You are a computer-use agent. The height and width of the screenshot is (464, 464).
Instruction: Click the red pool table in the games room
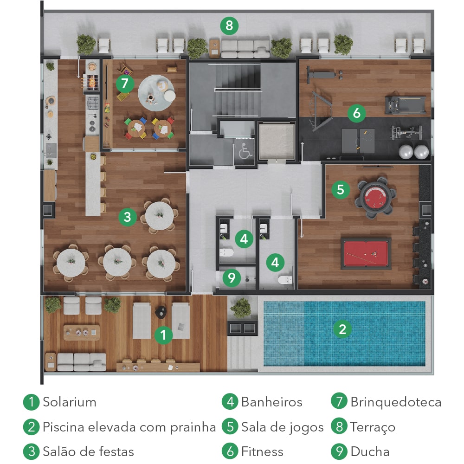tap(366, 253)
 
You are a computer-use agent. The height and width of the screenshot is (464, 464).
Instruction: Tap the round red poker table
tap(376, 196)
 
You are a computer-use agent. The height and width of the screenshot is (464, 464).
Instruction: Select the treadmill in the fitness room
tap(406, 105)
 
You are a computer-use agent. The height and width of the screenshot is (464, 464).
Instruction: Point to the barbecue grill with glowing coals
tap(91, 82)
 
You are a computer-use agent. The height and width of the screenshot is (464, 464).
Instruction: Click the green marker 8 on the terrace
tap(229, 26)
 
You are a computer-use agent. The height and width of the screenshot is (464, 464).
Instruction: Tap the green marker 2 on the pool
tap(342, 329)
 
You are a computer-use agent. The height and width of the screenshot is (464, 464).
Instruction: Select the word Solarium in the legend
tap(70, 402)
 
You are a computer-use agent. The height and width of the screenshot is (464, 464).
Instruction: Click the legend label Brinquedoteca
tap(396, 402)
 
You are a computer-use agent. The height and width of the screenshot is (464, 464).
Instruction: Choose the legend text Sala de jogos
tap(282, 427)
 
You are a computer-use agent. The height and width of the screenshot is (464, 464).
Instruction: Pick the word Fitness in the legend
tap(262, 451)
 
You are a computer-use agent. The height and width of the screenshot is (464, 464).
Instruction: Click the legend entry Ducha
tap(370, 451)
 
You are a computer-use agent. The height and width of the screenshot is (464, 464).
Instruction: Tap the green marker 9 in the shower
tap(232, 278)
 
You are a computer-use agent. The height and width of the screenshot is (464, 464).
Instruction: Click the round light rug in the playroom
tap(156, 93)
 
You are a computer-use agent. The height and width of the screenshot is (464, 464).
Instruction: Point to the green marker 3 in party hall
tap(128, 217)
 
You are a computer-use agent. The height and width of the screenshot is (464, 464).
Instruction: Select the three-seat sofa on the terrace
tap(245, 49)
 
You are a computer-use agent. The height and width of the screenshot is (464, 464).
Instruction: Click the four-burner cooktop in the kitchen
tap(92, 103)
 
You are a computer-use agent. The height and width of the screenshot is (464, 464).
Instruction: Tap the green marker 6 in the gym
tap(356, 113)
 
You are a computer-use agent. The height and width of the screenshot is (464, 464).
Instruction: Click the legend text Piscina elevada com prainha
tap(129, 427)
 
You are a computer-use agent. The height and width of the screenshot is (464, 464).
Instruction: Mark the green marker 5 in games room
tap(341, 189)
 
